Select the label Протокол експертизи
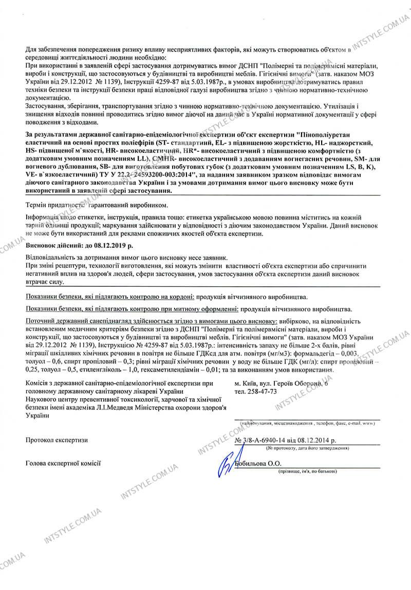[x=57, y=440]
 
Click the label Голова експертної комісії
[x=63, y=463]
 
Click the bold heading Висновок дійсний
[x=51, y=246]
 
